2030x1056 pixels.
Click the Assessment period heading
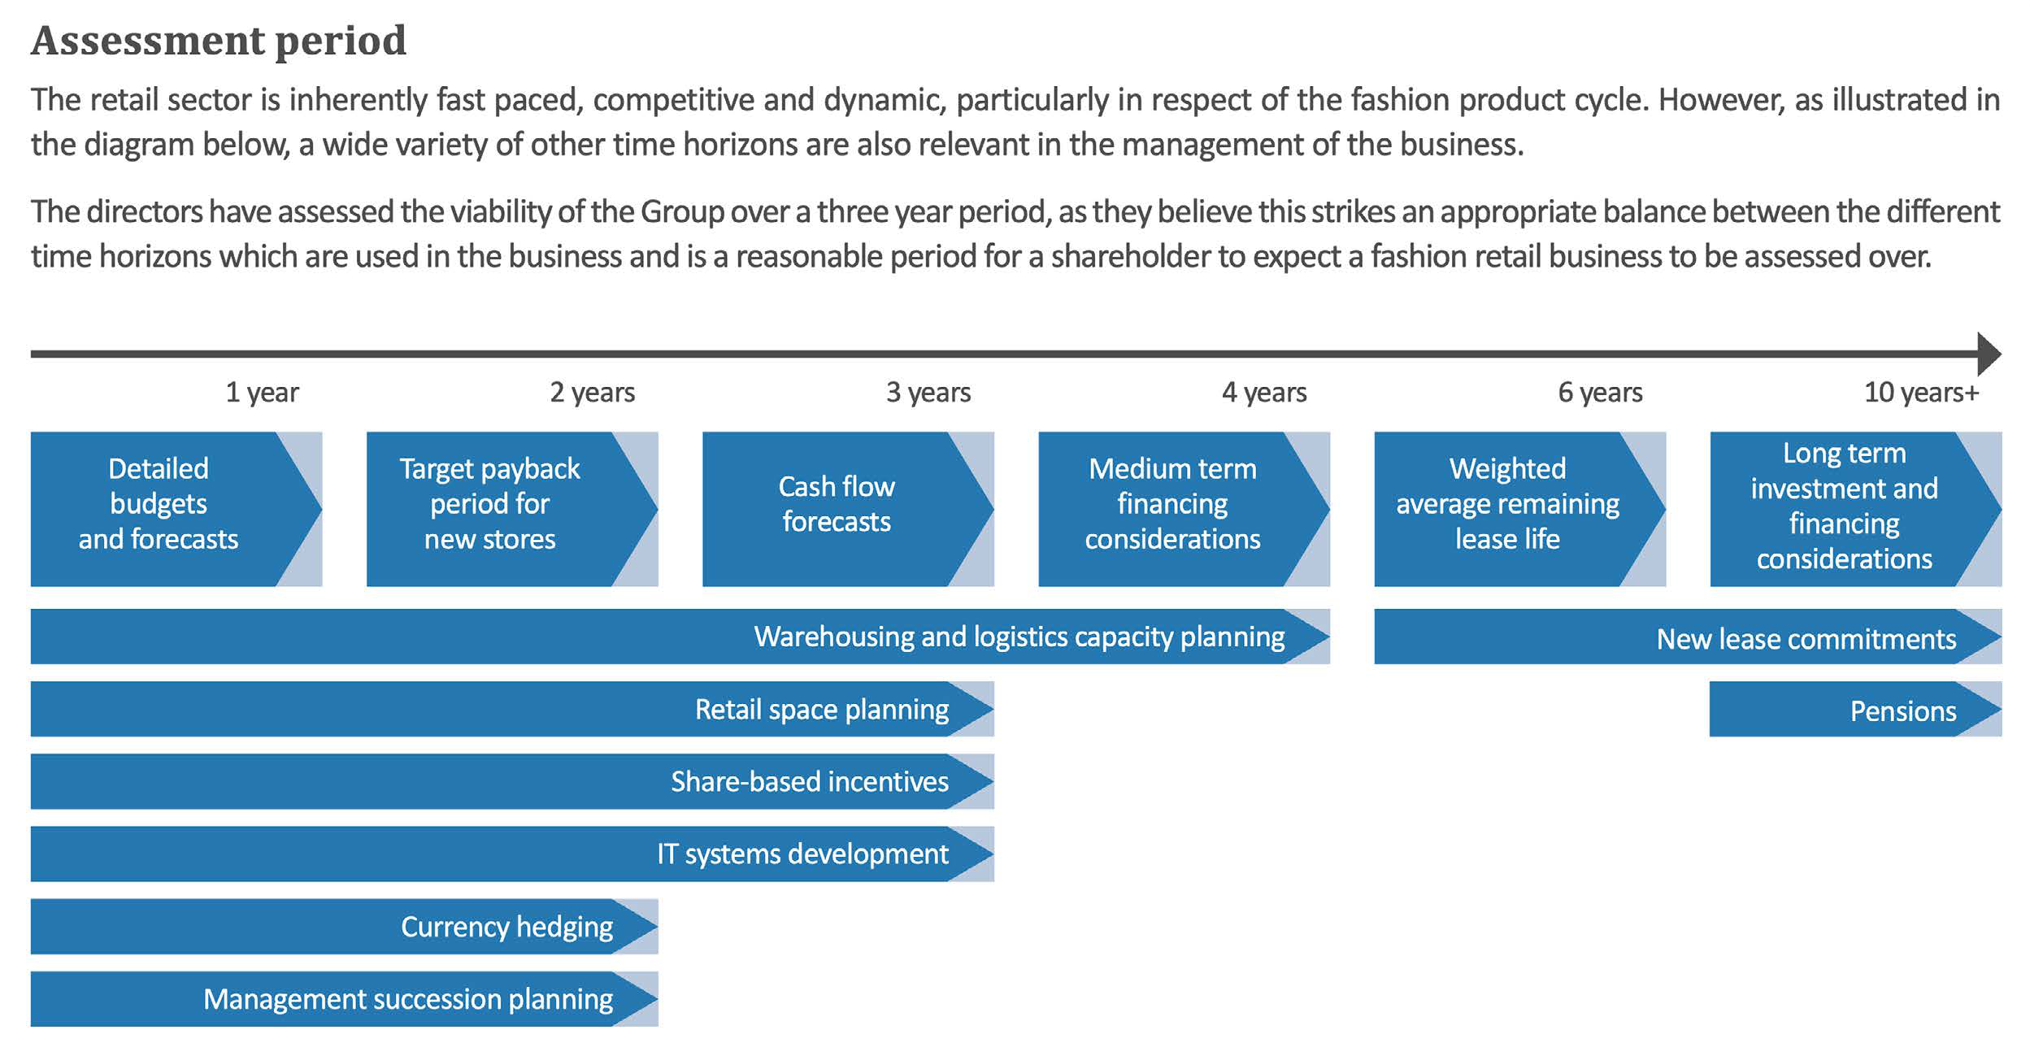point(218,41)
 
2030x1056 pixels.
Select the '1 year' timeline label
point(262,393)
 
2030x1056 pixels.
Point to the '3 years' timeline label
point(928,393)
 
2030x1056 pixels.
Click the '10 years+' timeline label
point(1920,393)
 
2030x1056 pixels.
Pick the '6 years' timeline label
point(1599,393)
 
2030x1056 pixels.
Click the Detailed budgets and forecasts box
point(159,505)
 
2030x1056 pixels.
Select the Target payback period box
point(489,505)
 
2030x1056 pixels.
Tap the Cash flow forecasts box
point(836,505)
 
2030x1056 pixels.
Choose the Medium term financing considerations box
point(1171,505)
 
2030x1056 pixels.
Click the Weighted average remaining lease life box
point(1507,505)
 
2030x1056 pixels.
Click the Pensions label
point(1902,711)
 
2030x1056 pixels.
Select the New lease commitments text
point(1806,639)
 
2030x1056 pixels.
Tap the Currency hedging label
point(506,927)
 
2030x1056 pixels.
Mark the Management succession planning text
point(407,999)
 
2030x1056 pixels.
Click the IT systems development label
point(802,854)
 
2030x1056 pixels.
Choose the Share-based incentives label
point(809,782)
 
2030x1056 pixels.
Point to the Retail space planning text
point(821,710)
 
